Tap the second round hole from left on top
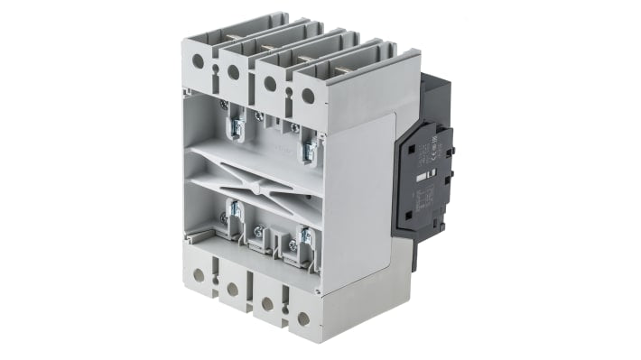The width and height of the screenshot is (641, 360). tap(234, 71)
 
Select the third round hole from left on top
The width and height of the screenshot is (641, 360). tap(270, 82)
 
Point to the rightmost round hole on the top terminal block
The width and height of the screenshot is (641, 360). tap(307, 93)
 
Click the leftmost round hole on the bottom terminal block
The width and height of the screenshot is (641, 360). tap(198, 275)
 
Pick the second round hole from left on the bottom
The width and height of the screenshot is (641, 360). tap(232, 289)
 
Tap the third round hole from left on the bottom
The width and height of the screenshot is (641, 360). tap(267, 304)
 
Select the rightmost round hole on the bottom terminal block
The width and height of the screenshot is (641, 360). tap(303, 318)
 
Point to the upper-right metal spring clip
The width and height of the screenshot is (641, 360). tap(308, 147)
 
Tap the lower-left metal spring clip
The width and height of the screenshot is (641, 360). tap(233, 217)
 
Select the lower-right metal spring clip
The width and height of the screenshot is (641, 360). tap(304, 245)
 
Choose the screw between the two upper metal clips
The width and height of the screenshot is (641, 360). tap(259, 116)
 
